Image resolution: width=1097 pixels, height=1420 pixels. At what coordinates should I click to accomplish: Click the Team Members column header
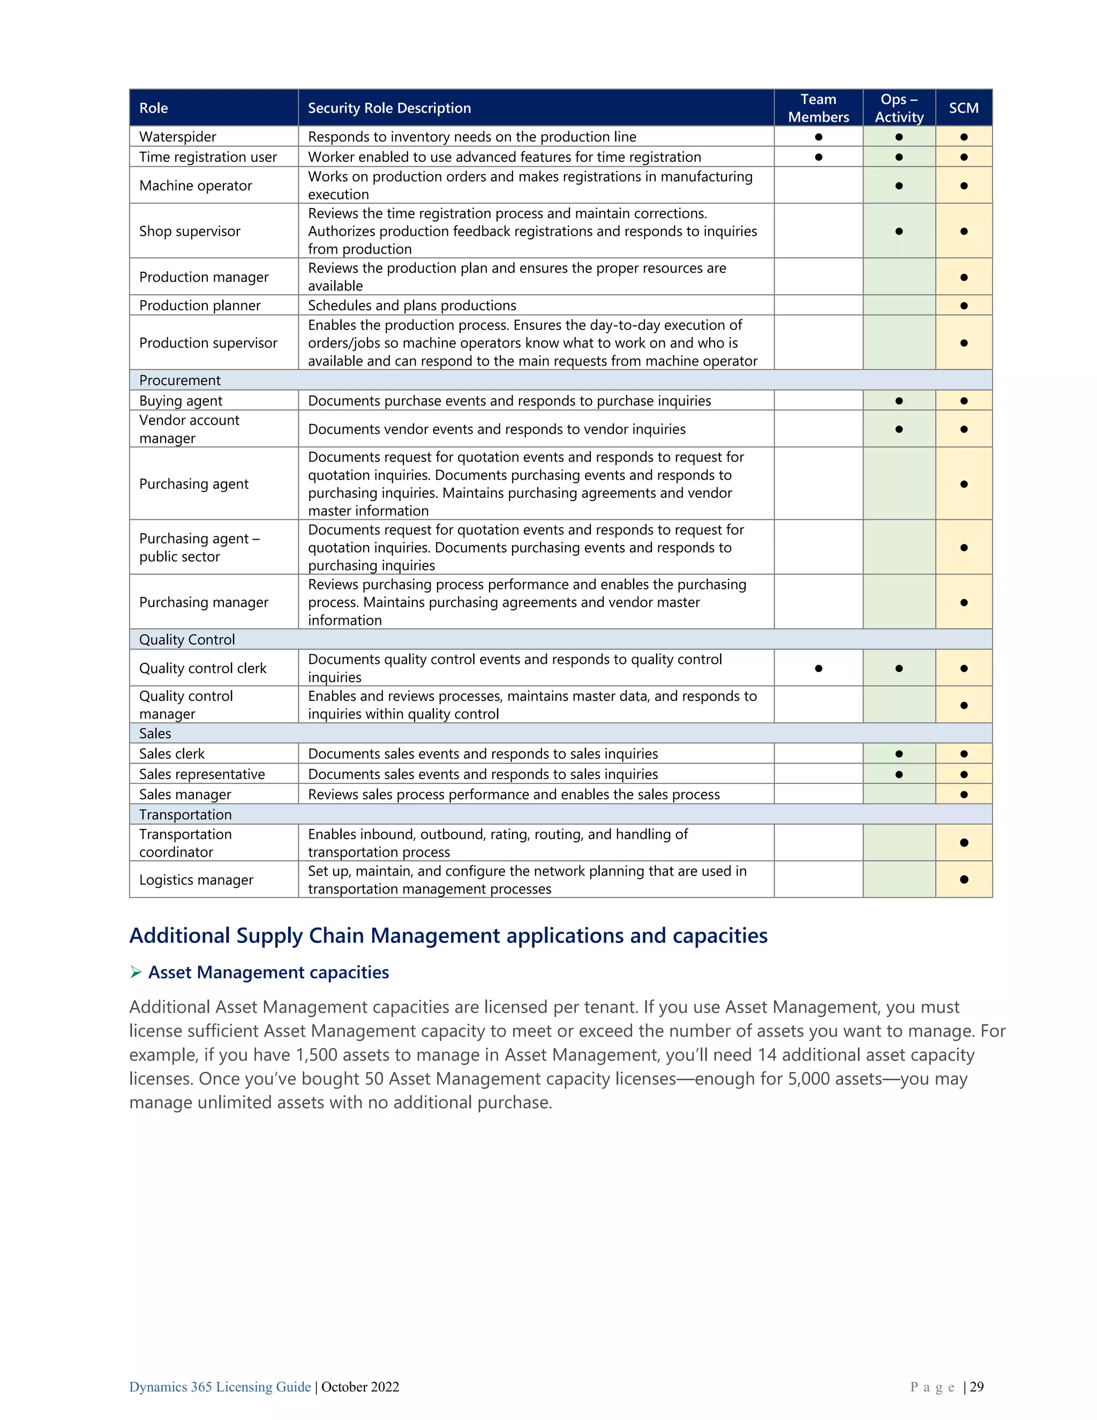(x=818, y=108)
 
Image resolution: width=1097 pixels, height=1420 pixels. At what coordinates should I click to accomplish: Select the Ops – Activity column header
(x=899, y=108)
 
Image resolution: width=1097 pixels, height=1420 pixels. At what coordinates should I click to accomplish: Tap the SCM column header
(x=963, y=108)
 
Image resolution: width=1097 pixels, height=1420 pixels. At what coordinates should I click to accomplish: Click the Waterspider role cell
(x=177, y=137)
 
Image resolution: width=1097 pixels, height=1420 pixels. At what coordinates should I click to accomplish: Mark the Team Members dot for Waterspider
(x=818, y=137)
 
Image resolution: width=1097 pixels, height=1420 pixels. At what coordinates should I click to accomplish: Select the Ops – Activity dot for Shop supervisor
(x=899, y=231)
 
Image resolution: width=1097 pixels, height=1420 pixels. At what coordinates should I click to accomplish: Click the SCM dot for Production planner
(x=964, y=305)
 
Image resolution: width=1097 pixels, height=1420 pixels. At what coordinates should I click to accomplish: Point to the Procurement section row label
(x=180, y=380)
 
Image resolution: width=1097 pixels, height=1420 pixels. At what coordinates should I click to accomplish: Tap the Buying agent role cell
(x=181, y=400)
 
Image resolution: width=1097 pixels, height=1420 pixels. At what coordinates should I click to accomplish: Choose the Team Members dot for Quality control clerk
(x=818, y=668)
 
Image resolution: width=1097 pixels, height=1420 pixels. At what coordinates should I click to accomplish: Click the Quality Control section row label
(x=187, y=640)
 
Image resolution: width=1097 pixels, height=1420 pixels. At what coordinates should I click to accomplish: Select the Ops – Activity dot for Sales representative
(x=899, y=774)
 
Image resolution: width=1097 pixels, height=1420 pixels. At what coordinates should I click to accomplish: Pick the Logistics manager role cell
(x=196, y=880)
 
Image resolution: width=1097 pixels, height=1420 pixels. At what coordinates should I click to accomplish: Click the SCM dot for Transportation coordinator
(x=964, y=843)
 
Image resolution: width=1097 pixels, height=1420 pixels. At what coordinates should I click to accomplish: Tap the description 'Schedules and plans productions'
(x=412, y=305)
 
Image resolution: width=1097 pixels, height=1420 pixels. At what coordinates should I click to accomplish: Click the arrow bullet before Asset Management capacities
(x=136, y=972)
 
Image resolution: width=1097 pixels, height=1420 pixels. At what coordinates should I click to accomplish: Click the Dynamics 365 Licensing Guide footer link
(x=220, y=1387)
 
